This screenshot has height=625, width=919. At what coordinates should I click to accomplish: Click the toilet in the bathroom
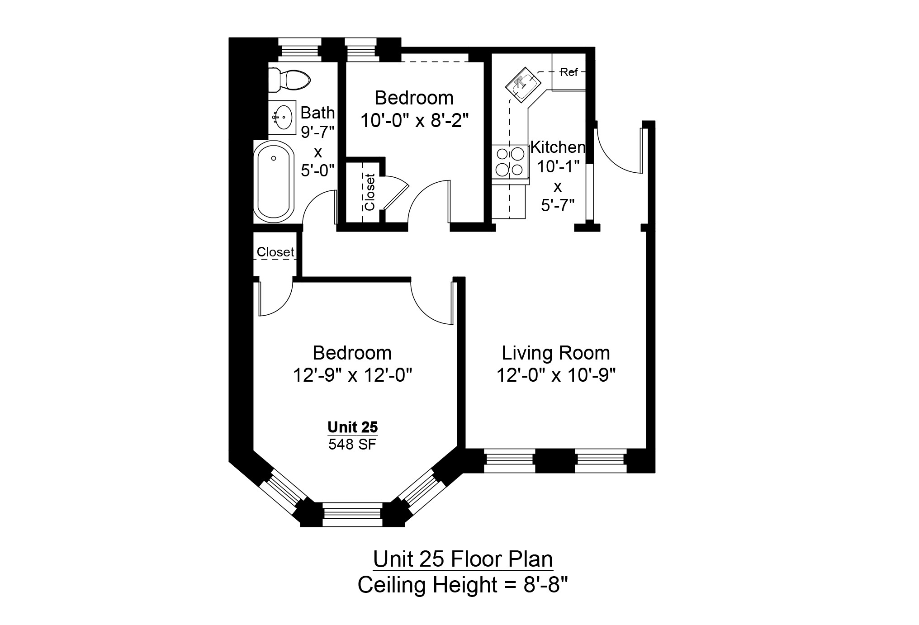289,80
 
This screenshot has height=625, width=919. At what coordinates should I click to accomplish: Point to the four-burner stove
510,161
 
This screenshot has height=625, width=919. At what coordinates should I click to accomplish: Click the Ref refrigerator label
569,72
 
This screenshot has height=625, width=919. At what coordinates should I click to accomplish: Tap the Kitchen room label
558,147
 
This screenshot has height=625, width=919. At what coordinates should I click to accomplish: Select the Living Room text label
556,353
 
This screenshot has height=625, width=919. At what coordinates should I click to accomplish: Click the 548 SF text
352,445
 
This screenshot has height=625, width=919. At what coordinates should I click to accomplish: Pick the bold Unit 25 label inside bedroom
352,427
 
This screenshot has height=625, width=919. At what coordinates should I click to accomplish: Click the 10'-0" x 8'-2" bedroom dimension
414,121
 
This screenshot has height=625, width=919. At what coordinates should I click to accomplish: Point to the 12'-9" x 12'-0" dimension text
352,375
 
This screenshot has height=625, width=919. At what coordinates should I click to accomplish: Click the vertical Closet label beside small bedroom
369,192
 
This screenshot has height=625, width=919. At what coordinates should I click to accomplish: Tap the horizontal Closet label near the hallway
275,252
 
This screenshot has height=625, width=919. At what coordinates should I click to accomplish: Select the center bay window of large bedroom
352,515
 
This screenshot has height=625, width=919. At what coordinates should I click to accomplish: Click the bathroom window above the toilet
298,49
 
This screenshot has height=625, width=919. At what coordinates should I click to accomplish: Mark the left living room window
509,461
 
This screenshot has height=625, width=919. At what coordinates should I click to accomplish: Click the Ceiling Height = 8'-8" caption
462,585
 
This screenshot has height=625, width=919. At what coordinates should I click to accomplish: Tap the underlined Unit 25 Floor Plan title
463,559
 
